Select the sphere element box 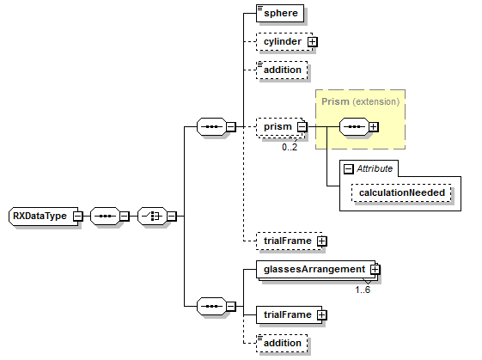point(281,14)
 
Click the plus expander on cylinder point(313,41)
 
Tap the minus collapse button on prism point(302,127)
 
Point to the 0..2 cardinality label point(290,147)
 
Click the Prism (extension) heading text point(360,101)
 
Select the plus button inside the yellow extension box point(374,127)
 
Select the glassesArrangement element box point(313,269)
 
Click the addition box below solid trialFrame point(282,343)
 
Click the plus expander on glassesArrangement point(375,270)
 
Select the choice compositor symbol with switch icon point(152,216)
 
